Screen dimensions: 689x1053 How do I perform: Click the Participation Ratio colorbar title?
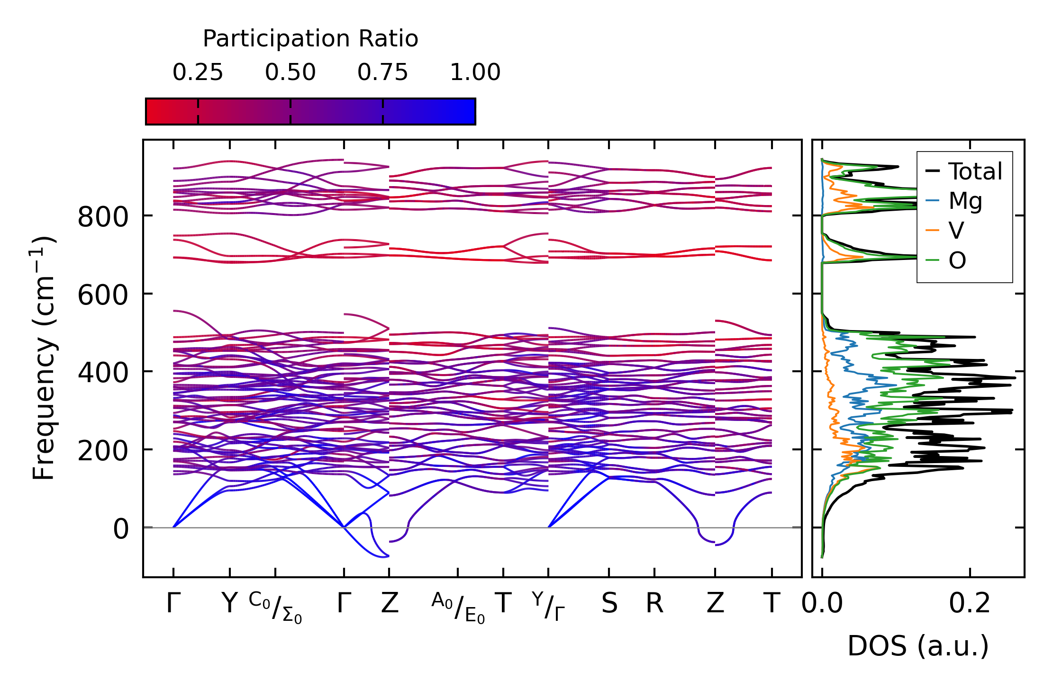310,39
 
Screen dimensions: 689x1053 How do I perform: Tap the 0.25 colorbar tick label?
198,72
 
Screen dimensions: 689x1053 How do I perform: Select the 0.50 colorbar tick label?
290,72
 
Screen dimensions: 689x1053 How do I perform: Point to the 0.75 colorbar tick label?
382,72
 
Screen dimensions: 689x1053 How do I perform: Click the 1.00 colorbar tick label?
475,72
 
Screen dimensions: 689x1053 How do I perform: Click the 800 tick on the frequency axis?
103,218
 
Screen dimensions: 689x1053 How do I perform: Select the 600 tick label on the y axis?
103,295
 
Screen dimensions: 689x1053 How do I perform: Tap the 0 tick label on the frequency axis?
120,529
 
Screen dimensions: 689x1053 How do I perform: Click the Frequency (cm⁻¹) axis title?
44,358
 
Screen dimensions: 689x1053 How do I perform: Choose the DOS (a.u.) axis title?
918,646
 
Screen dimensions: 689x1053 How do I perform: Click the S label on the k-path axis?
609,604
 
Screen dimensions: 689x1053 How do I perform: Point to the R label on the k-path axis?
654,604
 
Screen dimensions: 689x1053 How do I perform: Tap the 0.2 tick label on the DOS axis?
970,604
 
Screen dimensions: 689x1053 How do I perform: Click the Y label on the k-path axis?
230,604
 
